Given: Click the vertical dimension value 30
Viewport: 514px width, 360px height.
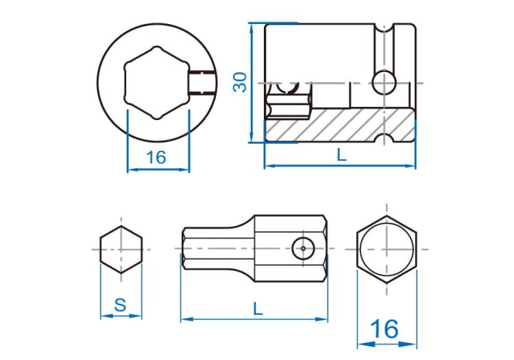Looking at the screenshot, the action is (x=240, y=82).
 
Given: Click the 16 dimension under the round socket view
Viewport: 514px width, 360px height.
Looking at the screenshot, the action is (x=156, y=158).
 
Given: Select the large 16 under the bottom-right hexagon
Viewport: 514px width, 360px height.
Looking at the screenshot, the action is (x=384, y=329).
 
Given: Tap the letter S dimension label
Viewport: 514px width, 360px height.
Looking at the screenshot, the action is (x=121, y=305).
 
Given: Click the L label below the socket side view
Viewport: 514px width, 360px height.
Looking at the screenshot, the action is (x=341, y=154).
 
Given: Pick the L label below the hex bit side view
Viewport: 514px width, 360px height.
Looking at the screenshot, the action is (x=258, y=309).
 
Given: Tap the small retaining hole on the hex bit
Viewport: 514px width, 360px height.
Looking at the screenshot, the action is (x=303, y=248).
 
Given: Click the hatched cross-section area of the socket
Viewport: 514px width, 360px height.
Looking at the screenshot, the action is (x=339, y=125).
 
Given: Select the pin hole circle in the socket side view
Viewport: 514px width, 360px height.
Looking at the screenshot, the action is (x=384, y=82).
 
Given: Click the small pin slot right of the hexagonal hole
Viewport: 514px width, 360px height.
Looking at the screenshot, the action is (x=202, y=82).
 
